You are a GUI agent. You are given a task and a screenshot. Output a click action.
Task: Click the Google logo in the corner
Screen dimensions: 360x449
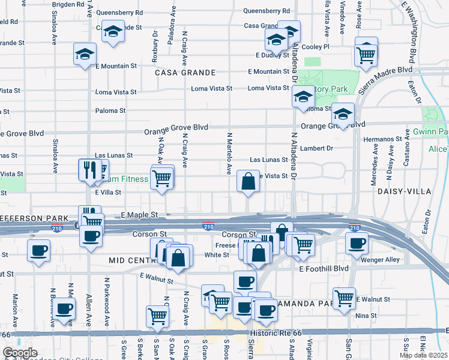20,353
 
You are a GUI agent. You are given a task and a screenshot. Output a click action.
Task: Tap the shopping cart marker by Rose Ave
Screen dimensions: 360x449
366,54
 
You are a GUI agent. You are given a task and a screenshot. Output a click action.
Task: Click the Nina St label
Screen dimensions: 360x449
366,316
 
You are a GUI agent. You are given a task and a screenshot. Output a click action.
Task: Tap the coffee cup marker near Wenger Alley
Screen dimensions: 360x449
357,244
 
